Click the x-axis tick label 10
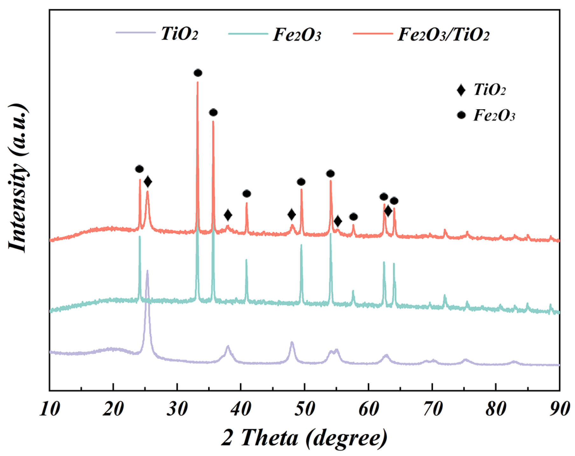coord(50,409)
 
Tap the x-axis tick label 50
coord(305,409)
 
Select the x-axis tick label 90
coord(559,409)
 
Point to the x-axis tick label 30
coord(177,409)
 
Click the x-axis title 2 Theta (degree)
coord(304,438)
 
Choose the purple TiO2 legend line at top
coord(136,33)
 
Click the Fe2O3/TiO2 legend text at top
coord(443,34)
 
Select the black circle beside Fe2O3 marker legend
coord(461,115)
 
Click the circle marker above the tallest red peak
coord(198,73)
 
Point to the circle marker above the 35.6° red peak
coord(213,112)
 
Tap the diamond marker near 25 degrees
coord(148,182)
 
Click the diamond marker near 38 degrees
coord(228,215)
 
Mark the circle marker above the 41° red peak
coord(247,194)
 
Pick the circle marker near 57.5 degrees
coord(353,217)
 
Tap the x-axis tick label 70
coord(432,409)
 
